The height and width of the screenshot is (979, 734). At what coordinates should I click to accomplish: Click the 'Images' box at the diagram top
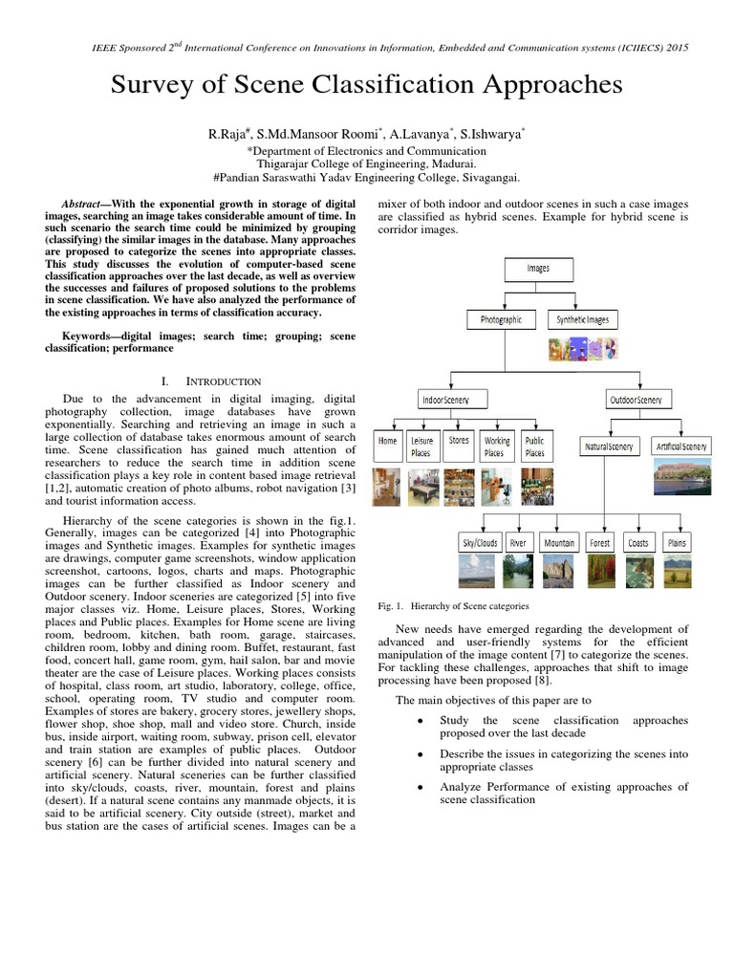pos(538,269)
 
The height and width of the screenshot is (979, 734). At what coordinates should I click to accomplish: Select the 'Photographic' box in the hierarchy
pos(501,320)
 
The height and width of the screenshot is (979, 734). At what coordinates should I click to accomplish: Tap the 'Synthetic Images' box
pos(582,320)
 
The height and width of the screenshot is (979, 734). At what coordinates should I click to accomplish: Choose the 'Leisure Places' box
pos(421,446)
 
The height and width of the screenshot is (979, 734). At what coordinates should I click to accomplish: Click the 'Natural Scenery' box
pos(609,446)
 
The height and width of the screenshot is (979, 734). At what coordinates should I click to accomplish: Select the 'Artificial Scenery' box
pos(681,446)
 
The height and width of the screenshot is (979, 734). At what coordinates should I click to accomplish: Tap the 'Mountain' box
pos(559,543)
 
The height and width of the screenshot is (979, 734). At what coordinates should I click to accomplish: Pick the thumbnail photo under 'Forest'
pos(599,572)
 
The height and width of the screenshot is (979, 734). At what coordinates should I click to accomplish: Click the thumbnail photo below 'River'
pos(518,572)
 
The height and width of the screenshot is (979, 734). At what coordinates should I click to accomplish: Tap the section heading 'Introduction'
pos(225,381)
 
